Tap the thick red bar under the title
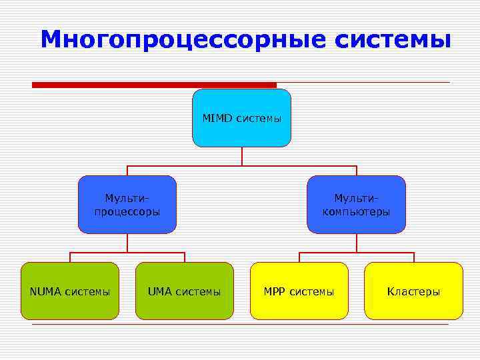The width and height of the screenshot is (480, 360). click(154, 85)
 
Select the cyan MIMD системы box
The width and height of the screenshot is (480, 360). click(241, 118)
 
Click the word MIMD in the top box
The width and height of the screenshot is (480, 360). click(216, 118)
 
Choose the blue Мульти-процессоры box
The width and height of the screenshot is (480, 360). click(127, 204)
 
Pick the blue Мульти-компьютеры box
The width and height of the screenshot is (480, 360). click(356, 204)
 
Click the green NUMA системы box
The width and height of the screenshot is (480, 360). click(70, 291)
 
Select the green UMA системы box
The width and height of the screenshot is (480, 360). click(185, 291)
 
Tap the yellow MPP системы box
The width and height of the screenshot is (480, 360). click(299, 291)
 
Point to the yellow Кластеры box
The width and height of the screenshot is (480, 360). click(413, 291)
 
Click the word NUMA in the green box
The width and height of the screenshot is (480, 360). click(45, 291)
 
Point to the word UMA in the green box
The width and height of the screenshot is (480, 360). click(160, 291)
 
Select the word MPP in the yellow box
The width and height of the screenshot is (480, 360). click(275, 291)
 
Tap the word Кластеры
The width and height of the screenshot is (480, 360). click(413, 291)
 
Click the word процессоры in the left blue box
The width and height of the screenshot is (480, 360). click(127, 212)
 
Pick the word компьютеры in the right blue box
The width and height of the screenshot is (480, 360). click(356, 212)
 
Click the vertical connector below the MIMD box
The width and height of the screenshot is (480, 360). click(242, 156)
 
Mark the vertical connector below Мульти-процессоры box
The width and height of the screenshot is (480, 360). click(127, 243)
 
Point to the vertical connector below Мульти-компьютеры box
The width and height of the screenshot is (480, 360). click(356, 243)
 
